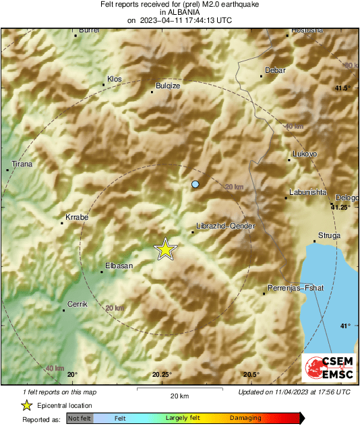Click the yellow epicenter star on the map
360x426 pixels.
[165, 249]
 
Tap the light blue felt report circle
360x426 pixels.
[196, 184]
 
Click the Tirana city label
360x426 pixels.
[22, 164]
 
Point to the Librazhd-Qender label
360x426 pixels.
[225, 226]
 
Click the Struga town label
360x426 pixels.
[329, 235]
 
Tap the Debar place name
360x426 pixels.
[275, 70]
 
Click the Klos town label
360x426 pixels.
[115, 79]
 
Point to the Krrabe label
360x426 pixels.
[76, 218]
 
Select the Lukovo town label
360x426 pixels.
[304, 154]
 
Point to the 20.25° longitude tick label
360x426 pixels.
[162, 375]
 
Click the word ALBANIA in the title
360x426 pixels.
[179, 12]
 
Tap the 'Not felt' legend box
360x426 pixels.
[80, 419]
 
